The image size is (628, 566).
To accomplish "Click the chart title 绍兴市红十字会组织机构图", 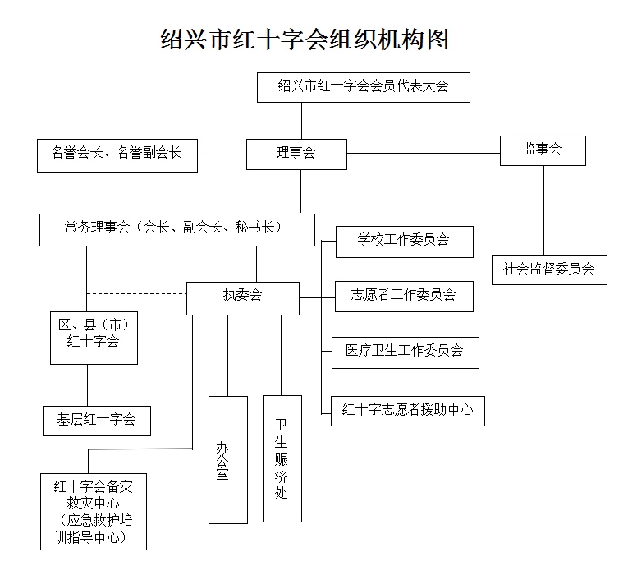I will point(305,39).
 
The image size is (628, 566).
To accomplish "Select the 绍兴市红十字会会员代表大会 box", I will point(363,86).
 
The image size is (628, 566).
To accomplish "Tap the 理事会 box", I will point(296,153).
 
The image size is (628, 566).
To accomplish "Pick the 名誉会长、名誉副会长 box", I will point(117,154).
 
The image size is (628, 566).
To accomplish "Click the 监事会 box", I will point(543,150).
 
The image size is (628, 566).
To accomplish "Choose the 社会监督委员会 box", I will point(549,269).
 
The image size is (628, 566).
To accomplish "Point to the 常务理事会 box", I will point(176,229).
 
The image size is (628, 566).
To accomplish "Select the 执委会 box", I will point(242,297).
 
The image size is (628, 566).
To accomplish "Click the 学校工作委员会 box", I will point(404,242).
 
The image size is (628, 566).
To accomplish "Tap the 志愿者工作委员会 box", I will point(404,295).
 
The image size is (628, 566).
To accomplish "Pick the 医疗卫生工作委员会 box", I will point(404,352).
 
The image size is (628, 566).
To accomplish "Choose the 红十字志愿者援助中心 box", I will point(407,410).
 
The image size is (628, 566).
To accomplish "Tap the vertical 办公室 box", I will point(227,459).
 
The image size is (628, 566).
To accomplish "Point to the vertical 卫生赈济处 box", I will point(282,458).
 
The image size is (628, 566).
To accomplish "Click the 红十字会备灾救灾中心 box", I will point(93,511).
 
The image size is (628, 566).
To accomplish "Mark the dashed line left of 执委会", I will point(136,293).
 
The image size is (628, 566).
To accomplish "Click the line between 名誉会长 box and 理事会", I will point(222,154).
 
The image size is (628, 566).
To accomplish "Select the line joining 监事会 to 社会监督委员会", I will point(543,211).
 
